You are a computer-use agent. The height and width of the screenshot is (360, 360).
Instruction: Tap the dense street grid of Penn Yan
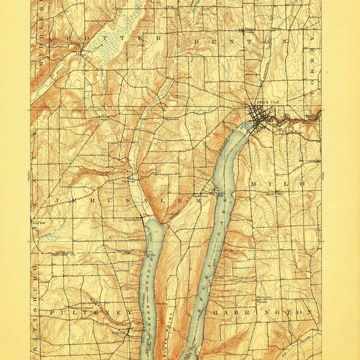(x=259, y=116)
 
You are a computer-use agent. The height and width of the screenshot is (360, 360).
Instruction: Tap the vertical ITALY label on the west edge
(x=35, y=180)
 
